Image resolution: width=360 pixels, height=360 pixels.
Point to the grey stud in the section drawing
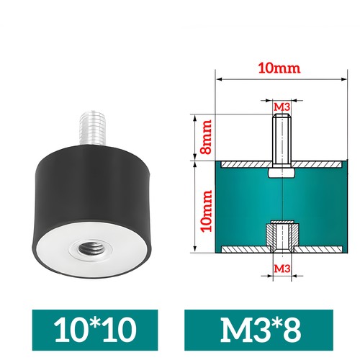tap(282, 140)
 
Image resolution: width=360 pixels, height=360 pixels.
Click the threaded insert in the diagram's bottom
tap(282, 234)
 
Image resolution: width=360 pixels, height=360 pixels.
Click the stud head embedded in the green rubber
tap(282, 174)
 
